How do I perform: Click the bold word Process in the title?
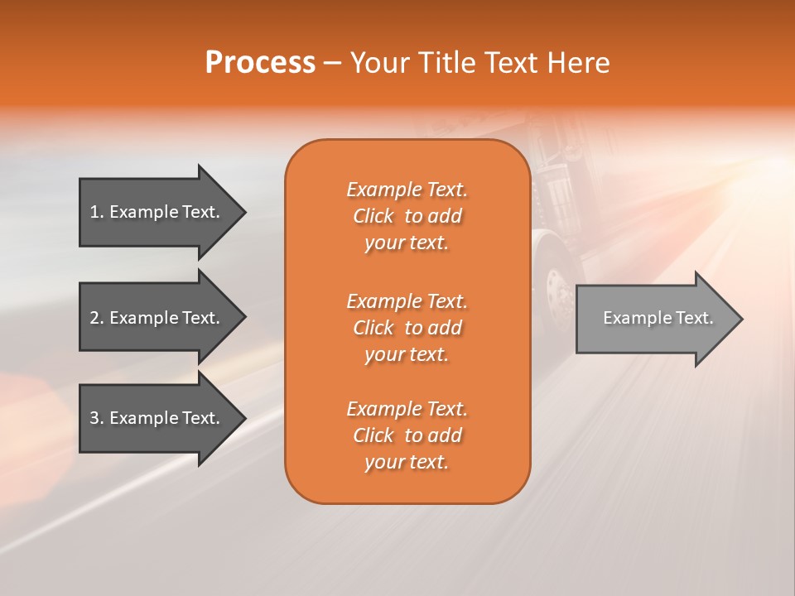tap(260, 62)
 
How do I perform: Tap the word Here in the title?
tap(579, 62)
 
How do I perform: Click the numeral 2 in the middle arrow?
tap(94, 318)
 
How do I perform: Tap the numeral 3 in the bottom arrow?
tap(94, 418)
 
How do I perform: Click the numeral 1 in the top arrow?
tap(94, 212)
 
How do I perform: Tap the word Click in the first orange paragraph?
tap(373, 216)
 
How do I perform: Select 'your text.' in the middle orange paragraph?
tap(407, 354)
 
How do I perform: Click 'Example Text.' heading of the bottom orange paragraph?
tap(407, 409)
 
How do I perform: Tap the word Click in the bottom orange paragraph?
tap(373, 435)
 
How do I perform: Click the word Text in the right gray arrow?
tap(694, 318)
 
